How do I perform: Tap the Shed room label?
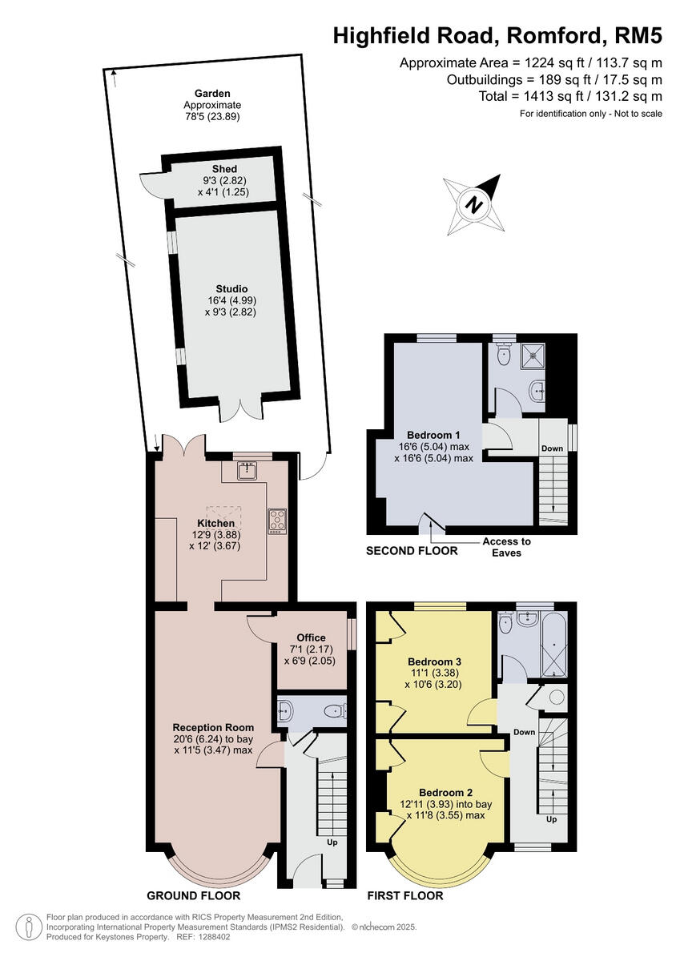tap(223, 169)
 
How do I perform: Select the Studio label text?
tap(231, 288)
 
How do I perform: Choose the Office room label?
tap(311, 637)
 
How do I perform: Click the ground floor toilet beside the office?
tap(333, 710)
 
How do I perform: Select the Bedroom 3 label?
tap(434, 661)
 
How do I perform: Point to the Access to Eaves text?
tap(506, 547)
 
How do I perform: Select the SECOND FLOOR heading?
tap(412, 551)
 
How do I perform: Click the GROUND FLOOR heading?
tap(193, 895)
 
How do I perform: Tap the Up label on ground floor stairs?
tap(331, 843)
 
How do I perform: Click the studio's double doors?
tap(240, 407)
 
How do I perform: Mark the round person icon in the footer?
tap(29, 927)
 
